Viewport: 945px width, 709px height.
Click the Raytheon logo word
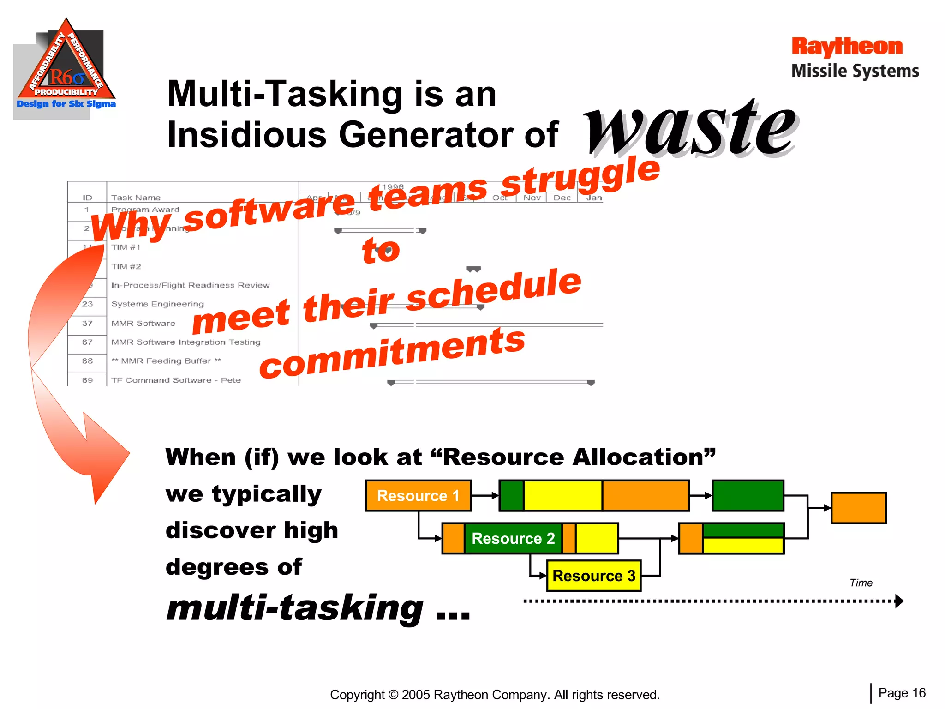click(847, 47)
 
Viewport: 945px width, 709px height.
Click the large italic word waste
click(691, 127)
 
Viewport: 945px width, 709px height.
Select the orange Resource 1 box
click(418, 496)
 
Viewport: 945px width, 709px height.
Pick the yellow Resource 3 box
click(594, 576)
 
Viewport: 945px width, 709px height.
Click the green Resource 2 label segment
click(513, 538)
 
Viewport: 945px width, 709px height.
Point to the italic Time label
click(861, 583)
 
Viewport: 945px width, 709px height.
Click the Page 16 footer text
click(902, 693)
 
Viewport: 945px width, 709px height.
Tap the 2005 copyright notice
click(495, 695)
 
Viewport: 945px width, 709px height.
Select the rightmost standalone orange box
click(858, 508)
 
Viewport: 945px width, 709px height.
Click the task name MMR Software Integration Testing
click(186, 342)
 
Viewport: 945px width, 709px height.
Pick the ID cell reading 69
click(87, 380)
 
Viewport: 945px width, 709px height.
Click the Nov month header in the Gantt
click(532, 198)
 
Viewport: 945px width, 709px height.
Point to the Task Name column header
click(136, 198)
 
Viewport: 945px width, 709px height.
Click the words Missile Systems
click(855, 71)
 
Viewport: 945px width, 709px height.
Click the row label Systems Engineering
click(157, 304)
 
